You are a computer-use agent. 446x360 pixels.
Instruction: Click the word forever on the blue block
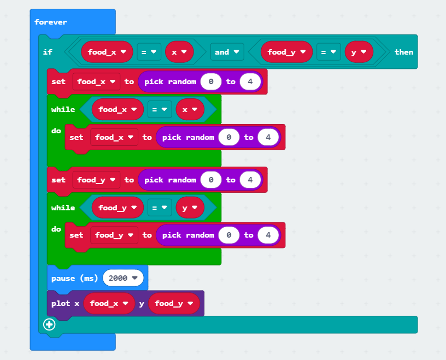tap(51, 22)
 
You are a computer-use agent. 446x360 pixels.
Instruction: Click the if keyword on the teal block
tap(47, 52)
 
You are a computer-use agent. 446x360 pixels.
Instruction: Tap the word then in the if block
tap(404, 52)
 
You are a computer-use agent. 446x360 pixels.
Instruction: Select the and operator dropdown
tap(226, 52)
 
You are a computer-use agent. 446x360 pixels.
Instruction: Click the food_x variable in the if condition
tap(107, 52)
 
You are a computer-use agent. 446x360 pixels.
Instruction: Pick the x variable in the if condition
tap(179, 52)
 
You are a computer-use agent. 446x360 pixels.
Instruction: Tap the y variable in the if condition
tap(359, 52)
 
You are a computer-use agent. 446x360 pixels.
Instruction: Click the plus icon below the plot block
tap(49, 324)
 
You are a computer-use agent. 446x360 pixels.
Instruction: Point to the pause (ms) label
tap(74, 278)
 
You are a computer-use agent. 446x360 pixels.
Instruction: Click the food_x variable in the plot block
tap(109, 303)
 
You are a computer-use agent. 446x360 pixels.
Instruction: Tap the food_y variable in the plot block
tap(173, 303)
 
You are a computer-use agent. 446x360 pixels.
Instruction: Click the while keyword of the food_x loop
tap(63, 109)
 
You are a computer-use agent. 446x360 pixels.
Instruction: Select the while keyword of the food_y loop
tap(63, 208)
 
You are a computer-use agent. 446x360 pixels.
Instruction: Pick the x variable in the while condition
tap(190, 109)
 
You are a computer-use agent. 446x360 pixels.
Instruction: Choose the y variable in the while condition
tap(190, 208)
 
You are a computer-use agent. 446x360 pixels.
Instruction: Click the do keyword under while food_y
tap(56, 229)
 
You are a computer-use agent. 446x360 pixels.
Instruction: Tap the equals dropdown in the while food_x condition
tap(160, 109)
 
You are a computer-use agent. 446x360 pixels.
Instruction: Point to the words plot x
tap(65, 303)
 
